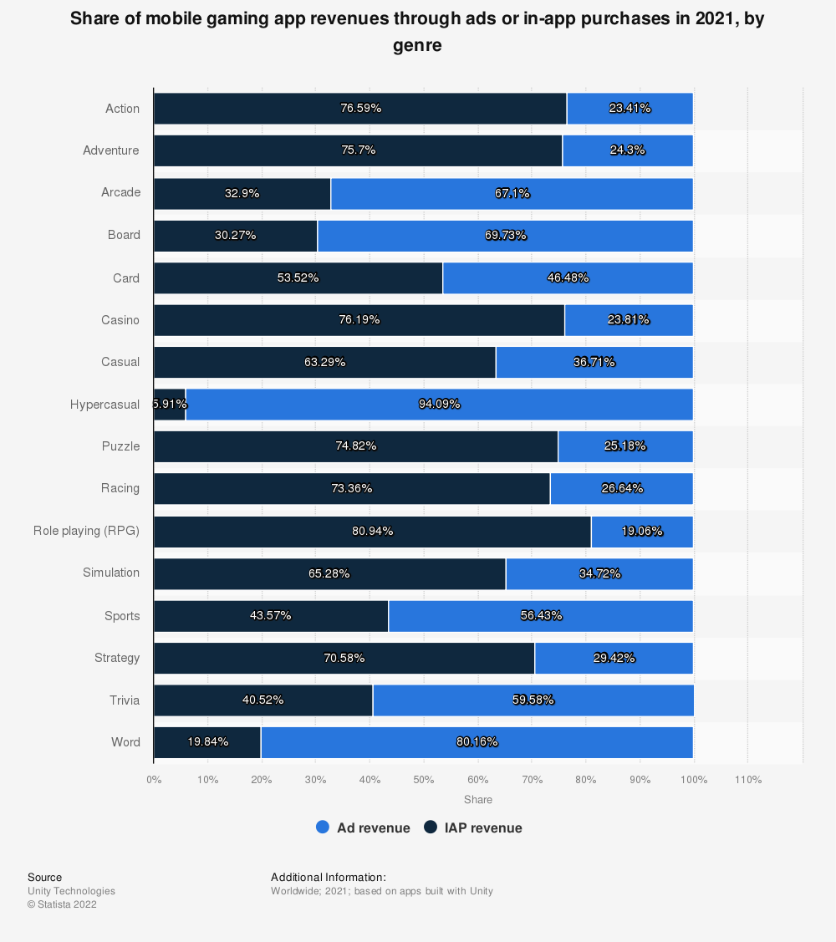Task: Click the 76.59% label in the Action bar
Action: tap(360, 108)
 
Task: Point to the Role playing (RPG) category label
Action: tap(86, 531)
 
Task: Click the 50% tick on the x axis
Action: tap(424, 780)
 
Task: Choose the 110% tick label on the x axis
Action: tap(747, 780)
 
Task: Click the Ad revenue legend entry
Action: tap(364, 827)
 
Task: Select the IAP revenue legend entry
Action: tap(473, 827)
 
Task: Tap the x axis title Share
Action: tap(478, 800)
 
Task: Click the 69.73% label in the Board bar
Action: tap(505, 235)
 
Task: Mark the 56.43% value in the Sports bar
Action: tap(541, 615)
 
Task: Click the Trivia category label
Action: tap(124, 700)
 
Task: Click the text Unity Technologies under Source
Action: tap(71, 891)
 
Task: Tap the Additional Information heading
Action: tap(328, 877)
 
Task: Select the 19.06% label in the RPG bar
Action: tap(641, 531)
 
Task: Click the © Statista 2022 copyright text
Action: tap(62, 904)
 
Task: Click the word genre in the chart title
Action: tap(417, 46)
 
